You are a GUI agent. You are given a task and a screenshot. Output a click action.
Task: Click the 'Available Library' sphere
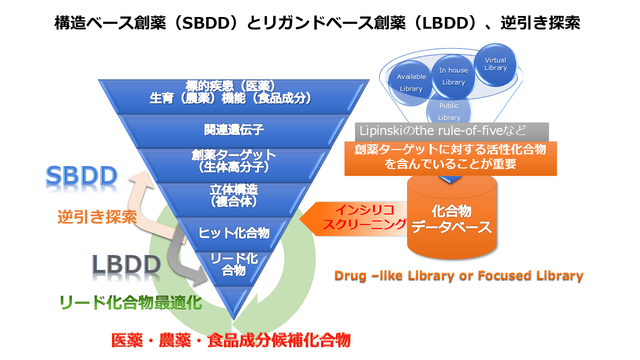click(411, 82)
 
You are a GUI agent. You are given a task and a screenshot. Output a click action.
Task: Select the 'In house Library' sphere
click(453, 76)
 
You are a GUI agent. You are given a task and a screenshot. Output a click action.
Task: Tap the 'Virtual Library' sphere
click(495, 64)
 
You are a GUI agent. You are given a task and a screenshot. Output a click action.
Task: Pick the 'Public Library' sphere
click(448, 111)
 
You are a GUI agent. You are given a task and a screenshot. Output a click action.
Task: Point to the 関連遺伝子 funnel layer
click(233, 130)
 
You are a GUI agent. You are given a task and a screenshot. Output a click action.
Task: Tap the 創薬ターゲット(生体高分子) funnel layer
click(233, 160)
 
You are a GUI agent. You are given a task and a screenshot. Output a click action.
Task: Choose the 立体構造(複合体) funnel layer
click(233, 195)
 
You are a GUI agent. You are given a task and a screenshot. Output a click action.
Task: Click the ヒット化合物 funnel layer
click(233, 232)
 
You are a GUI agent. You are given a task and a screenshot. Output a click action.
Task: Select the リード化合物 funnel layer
click(233, 264)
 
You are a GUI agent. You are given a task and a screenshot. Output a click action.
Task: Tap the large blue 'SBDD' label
click(81, 176)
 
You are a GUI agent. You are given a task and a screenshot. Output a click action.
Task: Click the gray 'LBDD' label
click(126, 264)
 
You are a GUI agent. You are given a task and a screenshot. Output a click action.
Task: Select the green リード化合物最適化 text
click(130, 302)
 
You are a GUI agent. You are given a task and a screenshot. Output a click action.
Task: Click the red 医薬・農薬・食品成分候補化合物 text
click(230, 340)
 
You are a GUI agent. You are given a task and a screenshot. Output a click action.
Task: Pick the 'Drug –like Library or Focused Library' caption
click(458, 275)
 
